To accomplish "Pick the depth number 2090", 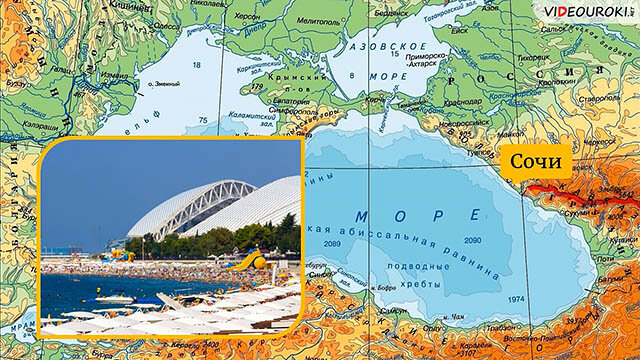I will [473, 241].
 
